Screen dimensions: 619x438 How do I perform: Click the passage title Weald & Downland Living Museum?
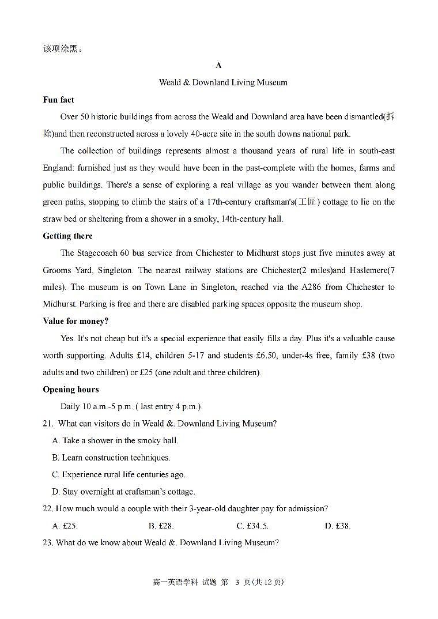(x=223, y=82)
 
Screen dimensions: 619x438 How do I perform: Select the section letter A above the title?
(x=218, y=65)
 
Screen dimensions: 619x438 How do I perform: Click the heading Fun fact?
(x=58, y=100)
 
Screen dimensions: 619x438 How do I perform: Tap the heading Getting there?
(x=67, y=236)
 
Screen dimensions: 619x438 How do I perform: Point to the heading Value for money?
(x=75, y=321)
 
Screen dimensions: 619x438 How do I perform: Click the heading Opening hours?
(x=71, y=389)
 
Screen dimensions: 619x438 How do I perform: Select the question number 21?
(x=48, y=424)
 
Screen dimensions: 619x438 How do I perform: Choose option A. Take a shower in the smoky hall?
(x=115, y=440)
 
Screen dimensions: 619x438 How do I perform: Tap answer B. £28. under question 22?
(x=161, y=526)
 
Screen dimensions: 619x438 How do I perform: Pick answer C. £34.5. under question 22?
(x=252, y=526)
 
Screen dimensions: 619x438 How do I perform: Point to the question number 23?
(x=48, y=543)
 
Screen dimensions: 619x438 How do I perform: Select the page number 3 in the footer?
(x=236, y=582)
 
